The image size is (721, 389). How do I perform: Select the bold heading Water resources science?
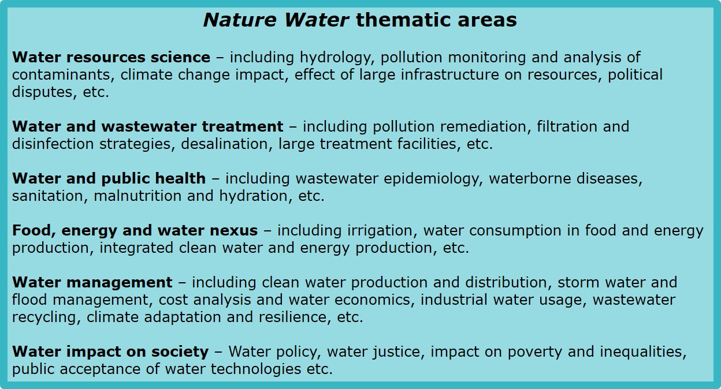(x=111, y=58)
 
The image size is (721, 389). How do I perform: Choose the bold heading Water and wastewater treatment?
(x=147, y=126)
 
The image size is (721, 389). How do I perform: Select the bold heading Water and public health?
(x=109, y=178)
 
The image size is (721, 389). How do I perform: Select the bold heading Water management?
(x=92, y=282)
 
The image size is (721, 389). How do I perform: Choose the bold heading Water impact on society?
(x=110, y=351)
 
